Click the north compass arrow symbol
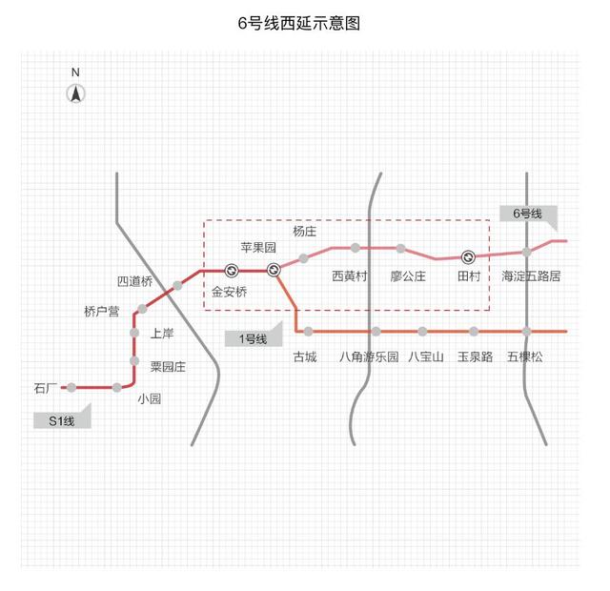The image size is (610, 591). coord(76,92)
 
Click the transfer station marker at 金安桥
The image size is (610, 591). coord(231,270)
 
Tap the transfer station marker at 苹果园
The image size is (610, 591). coord(274,270)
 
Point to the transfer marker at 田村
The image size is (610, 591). coord(468,256)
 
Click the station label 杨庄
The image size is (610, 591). coord(305,231)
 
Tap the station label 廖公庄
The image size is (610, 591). coord(408,276)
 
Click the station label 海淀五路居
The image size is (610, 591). coord(531,276)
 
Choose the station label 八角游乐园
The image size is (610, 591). coord(369,357)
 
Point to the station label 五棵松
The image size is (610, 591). coord(524,357)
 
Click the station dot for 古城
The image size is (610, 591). coord(308,332)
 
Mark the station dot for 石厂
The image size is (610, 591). coord(71,387)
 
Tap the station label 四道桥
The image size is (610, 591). coord(134,281)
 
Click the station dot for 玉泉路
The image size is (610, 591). coord(474,332)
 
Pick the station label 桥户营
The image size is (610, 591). coord(101,312)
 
